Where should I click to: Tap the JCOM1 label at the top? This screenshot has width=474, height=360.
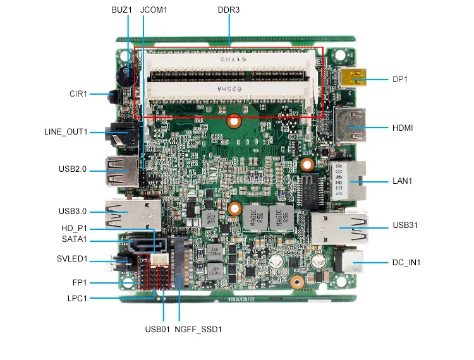coord(154,10)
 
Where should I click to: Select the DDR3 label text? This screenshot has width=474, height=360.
coord(228,10)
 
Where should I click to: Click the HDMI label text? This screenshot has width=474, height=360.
coord(403,128)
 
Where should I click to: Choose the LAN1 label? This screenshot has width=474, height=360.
coord(402,181)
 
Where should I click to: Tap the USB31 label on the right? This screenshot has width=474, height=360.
coord(405,225)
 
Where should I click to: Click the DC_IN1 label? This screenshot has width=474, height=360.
coord(406,262)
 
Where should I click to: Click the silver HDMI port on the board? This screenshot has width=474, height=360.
coord(348,128)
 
